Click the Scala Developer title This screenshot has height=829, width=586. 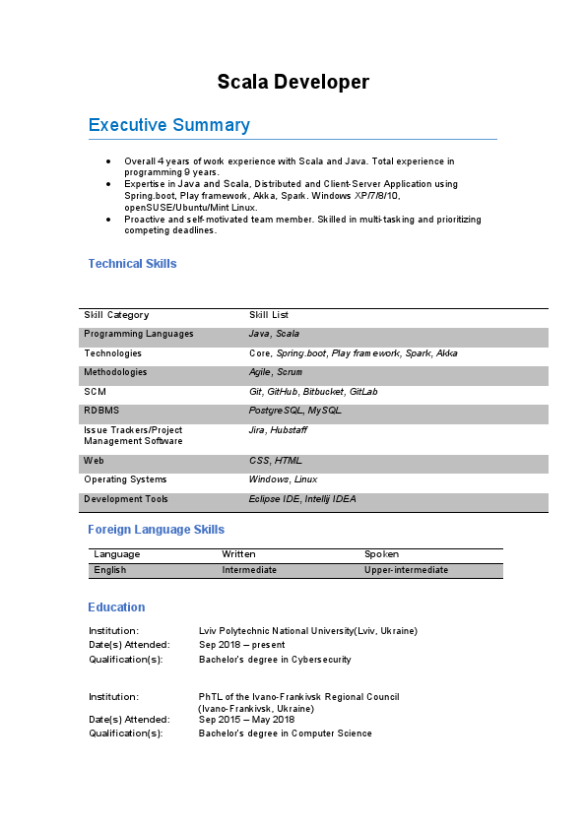(x=293, y=82)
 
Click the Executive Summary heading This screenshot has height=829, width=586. (x=168, y=125)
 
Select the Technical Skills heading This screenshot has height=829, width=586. (x=132, y=263)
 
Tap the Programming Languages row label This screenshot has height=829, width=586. (x=139, y=334)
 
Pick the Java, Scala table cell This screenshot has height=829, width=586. (x=274, y=334)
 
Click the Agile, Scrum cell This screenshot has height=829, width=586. (x=275, y=372)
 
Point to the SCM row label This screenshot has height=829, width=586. (x=95, y=392)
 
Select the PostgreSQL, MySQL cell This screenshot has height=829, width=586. (x=295, y=411)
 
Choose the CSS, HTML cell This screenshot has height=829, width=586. (x=276, y=461)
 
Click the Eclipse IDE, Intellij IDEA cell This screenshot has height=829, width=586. (x=302, y=499)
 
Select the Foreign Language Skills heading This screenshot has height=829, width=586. (x=156, y=530)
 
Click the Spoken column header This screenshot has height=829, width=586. (x=381, y=554)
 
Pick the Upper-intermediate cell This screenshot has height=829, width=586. (x=406, y=570)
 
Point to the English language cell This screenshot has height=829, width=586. (x=110, y=570)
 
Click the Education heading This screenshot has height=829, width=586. (x=116, y=606)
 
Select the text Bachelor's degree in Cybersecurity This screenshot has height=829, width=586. (x=275, y=660)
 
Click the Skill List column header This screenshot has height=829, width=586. (x=268, y=315)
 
